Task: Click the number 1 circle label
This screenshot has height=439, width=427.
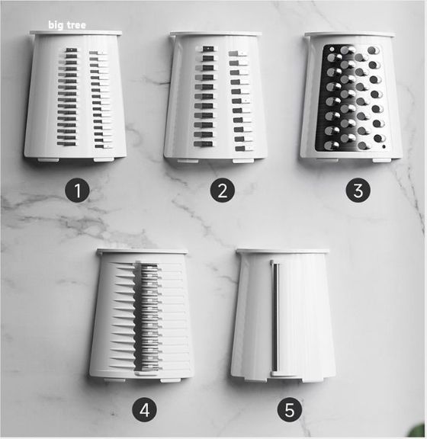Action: pos(77,191)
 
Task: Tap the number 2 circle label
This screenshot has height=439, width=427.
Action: pos(223,191)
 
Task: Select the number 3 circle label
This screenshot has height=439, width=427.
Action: pos(358,191)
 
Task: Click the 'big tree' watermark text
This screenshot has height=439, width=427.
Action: pos(67,25)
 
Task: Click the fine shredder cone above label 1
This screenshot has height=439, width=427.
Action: pos(75,96)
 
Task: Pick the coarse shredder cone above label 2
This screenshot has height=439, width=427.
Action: pos(215,97)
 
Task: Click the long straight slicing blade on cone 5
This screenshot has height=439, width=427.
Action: pos(275,318)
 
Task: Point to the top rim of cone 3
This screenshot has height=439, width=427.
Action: pos(350,34)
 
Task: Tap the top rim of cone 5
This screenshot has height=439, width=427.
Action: pos(283,252)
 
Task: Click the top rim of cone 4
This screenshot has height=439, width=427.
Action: pos(142,252)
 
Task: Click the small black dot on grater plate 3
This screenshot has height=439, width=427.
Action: pos(384,146)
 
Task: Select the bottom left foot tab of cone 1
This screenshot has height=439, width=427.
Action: pos(48,160)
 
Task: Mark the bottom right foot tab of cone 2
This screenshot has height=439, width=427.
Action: pos(243,161)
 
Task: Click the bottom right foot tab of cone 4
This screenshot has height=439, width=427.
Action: pos(170,380)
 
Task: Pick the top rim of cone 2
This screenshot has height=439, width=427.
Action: pos(216,34)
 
